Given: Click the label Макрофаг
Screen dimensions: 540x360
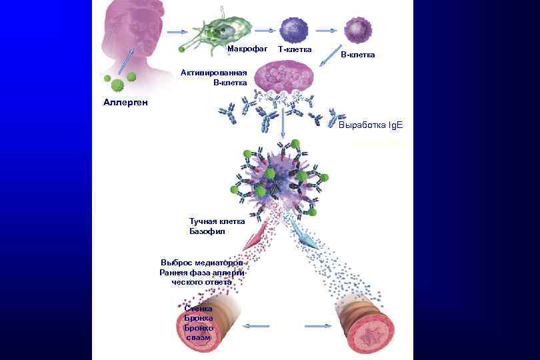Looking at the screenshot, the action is click(247, 49).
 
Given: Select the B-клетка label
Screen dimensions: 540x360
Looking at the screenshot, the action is click(357, 55).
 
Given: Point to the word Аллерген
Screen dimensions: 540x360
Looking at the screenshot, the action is click(125, 103).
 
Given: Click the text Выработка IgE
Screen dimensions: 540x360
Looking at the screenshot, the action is click(371, 125).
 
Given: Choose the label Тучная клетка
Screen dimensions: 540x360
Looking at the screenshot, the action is click(217, 221).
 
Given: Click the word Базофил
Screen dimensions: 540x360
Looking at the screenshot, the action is click(207, 231).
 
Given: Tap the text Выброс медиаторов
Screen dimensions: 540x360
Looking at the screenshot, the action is click(206, 262).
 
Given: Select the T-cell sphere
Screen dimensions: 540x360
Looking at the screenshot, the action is click(293, 29).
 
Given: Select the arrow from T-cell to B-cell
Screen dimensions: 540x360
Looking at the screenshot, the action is click(325, 30).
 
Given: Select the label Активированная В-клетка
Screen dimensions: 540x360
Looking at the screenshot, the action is click(214, 77).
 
